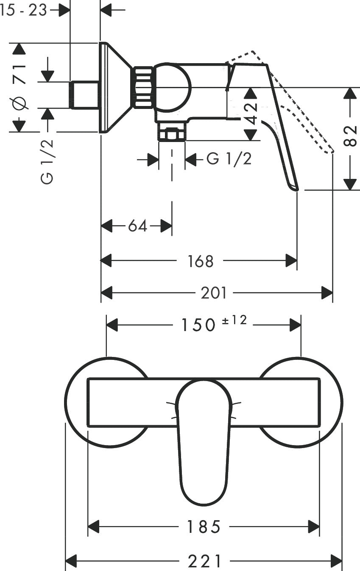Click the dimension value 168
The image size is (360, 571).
201,261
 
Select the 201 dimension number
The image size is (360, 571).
214,293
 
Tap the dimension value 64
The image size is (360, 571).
137,226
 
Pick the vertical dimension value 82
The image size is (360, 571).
350,135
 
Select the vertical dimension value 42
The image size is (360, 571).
251,114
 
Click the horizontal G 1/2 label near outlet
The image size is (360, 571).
229,159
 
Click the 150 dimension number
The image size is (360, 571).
198,325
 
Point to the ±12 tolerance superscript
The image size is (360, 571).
234,321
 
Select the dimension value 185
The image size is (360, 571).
204,527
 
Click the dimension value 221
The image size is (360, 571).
205,562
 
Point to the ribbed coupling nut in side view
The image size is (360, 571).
143,87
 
